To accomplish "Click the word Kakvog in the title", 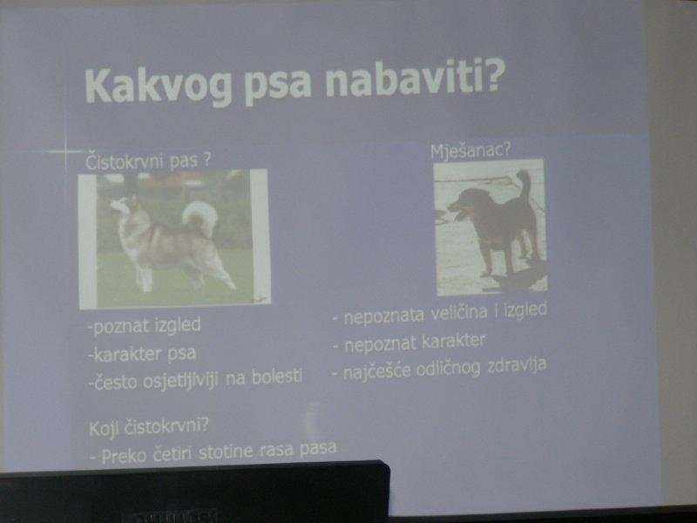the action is click(x=159, y=86).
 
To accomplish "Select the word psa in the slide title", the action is click(x=278, y=87).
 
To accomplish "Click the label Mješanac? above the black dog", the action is click(x=470, y=151).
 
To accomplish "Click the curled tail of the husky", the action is click(x=200, y=215).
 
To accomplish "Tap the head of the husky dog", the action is click(x=125, y=205).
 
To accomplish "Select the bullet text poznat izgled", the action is click(x=145, y=326).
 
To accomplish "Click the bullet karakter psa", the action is click(x=142, y=355).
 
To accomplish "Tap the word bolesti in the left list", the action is click(x=277, y=377).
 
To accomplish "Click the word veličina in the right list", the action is click(x=459, y=313).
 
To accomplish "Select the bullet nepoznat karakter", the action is click(x=409, y=343).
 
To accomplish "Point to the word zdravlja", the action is click(x=517, y=366).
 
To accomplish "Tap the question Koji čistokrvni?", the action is click(x=149, y=427).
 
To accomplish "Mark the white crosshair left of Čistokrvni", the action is click(x=64, y=152).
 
